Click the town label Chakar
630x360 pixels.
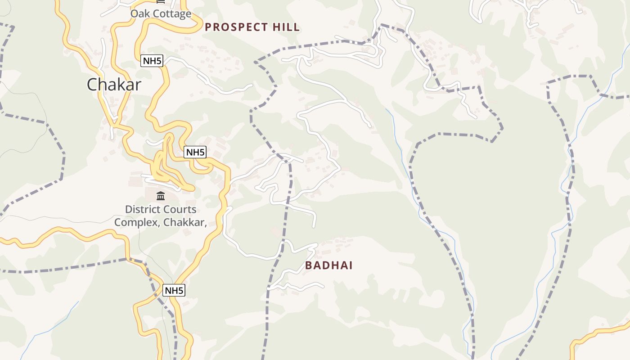click(x=114, y=85)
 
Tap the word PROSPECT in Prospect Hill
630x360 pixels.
click(x=236, y=27)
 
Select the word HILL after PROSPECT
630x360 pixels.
click(x=286, y=27)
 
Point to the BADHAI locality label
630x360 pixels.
click(x=328, y=265)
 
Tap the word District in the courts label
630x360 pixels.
click(x=141, y=209)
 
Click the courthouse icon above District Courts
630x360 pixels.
click(x=161, y=196)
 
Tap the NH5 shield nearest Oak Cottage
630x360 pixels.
click(x=152, y=61)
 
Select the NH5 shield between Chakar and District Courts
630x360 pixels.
click(x=195, y=152)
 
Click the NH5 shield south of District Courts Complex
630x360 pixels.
click(x=174, y=290)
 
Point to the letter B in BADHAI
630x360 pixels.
click(x=309, y=265)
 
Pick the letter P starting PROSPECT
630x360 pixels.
click(x=208, y=27)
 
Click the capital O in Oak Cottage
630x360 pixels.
click(x=134, y=13)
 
